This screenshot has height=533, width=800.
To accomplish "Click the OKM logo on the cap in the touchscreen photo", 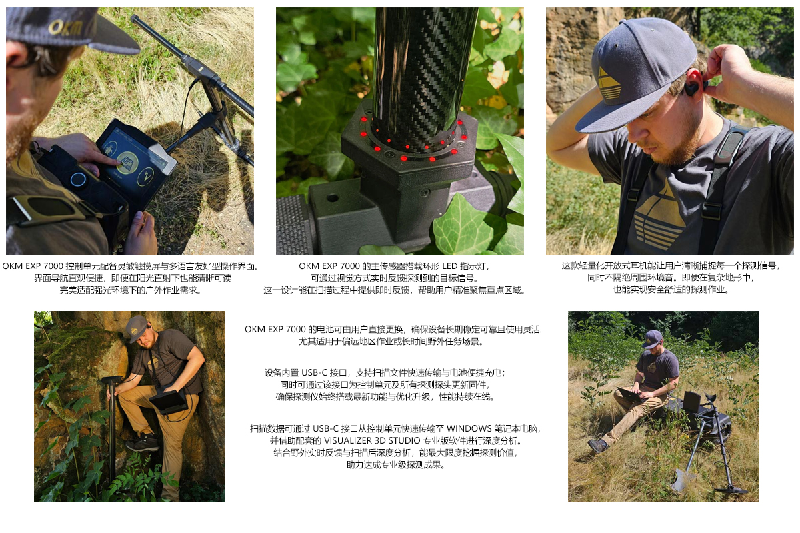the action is click(65, 27).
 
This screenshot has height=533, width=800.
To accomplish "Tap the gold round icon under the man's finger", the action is click(127, 162).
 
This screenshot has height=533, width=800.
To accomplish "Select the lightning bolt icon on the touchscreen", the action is click(145, 177).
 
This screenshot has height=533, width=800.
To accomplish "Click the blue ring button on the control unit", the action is click(77, 179).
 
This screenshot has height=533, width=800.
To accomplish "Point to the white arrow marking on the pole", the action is click(201, 68).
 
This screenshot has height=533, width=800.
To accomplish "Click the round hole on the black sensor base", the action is click(333, 197).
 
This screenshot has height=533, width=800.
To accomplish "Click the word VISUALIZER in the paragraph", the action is click(347, 440).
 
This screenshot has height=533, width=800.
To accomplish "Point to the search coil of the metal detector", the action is click(731, 490).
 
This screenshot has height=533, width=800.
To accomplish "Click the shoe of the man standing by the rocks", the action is click(142, 443).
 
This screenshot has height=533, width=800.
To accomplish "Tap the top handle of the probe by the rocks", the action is click(112, 380).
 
